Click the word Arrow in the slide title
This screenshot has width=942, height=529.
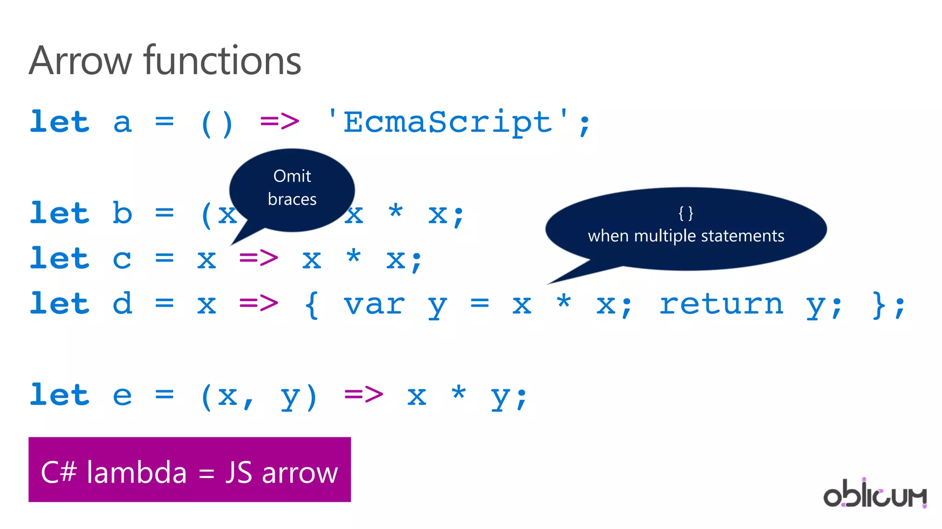pos(80,61)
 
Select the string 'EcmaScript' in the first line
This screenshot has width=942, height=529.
pos(447,122)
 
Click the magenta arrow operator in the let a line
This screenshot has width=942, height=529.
pos(280,122)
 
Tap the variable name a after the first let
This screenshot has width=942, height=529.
pos(122,123)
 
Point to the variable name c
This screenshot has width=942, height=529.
pos(122,259)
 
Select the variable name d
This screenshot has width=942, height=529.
pos(122,303)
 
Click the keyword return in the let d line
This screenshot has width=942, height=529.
pos(721,304)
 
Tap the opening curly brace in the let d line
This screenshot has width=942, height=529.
pos(311,304)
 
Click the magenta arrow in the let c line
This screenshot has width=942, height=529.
pos(258,258)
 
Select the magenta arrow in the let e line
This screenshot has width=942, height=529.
pos(363,395)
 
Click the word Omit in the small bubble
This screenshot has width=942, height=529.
pos(292,176)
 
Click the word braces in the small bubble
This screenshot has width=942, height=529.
pos(292,199)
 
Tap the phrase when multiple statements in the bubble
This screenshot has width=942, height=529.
pos(686,236)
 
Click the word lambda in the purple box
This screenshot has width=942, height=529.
pos(137,472)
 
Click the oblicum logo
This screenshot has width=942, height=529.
pos(874,494)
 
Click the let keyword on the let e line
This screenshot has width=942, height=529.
pos(59,394)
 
